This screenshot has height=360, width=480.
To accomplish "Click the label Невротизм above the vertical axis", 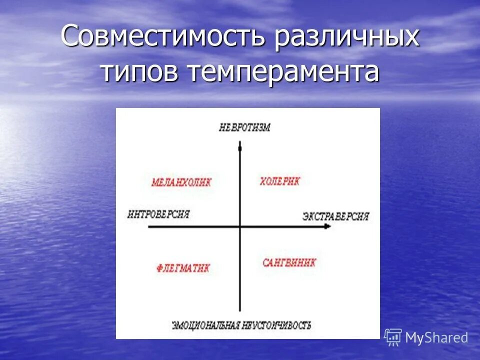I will [245, 127].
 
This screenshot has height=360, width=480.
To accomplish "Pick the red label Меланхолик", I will [181, 182].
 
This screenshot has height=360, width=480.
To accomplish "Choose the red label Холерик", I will [279, 181].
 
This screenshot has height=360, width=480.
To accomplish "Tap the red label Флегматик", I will [182, 268].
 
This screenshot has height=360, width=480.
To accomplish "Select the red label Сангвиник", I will [289, 262].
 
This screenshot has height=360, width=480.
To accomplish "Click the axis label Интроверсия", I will [158, 214].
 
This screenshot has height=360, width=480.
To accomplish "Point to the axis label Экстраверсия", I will [335, 216].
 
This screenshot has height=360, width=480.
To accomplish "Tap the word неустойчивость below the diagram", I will [278, 325].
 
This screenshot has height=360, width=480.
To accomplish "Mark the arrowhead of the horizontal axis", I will [328, 226].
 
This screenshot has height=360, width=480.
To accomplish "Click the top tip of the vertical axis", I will [240, 143].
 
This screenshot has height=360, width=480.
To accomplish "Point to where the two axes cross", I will [240, 226].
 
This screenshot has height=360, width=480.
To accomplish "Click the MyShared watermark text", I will [436, 338].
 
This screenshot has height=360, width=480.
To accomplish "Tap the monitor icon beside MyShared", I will [393, 337].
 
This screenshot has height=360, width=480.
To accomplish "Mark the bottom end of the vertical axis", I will [240, 311].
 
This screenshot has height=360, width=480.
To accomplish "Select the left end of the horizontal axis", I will [149, 226].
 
